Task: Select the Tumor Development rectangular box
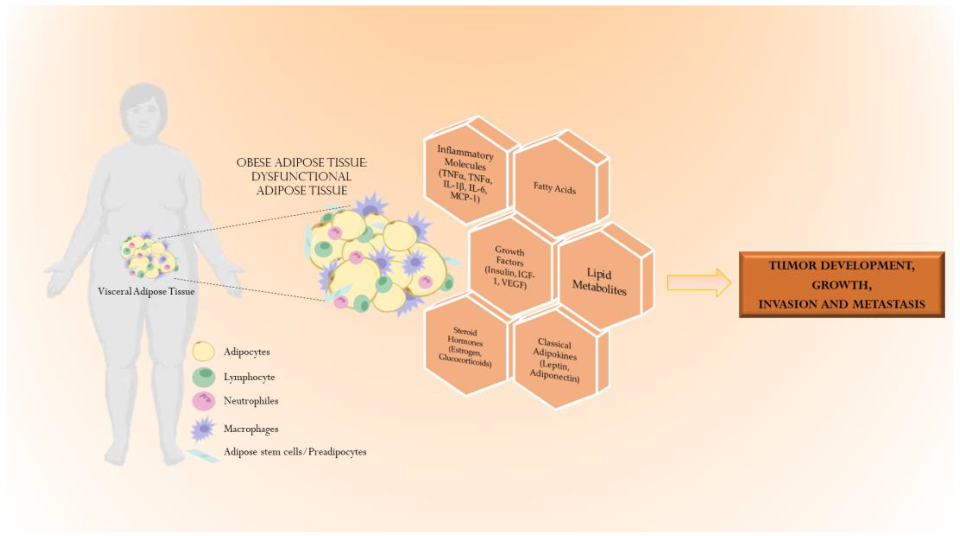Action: [842, 285]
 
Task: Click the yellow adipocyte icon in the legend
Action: [204, 351]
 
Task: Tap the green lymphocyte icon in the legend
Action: [204, 377]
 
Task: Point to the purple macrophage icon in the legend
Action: [204, 429]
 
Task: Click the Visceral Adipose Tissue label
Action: [146, 291]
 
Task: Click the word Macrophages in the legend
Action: [251, 429]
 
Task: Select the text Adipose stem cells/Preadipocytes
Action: [295, 452]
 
